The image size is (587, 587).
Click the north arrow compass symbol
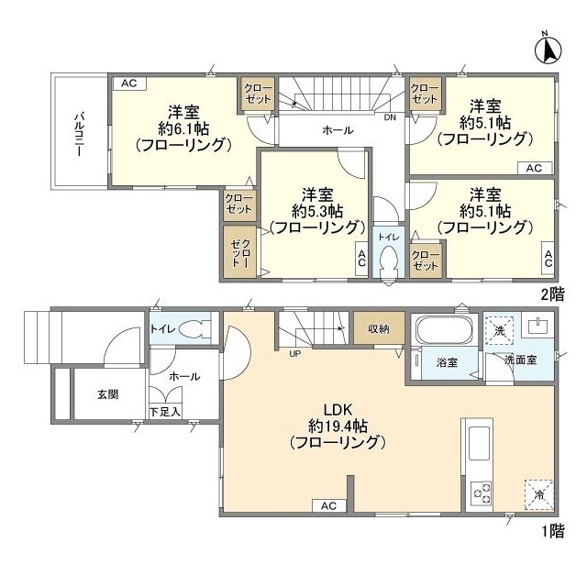(548, 48)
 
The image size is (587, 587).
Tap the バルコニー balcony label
(80, 133)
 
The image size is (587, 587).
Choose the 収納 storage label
(378, 327)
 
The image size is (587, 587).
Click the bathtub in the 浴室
(443, 330)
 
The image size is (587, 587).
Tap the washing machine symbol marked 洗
(500, 330)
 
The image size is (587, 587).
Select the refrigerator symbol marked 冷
(538, 493)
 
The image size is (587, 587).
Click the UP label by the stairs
(294, 353)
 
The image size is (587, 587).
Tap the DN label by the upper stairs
(390, 117)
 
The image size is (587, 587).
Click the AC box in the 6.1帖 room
(127, 83)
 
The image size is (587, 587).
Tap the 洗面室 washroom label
(521, 360)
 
